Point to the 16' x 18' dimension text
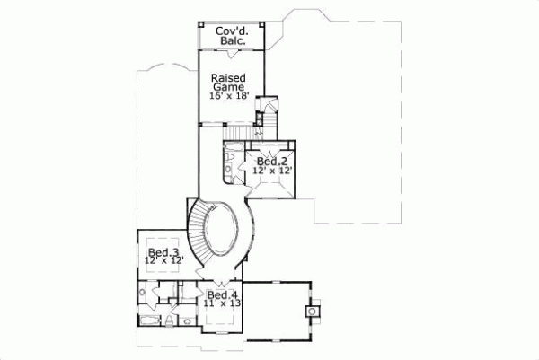point(228,97)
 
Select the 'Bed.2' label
point(272,161)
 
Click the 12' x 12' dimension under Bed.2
point(272,171)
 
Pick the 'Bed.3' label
point(163,251)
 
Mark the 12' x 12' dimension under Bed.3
point(163,261)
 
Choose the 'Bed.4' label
point(222,294)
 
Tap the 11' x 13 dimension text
point(222,304)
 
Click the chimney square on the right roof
point(312,311)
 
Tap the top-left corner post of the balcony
point(199,23)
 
